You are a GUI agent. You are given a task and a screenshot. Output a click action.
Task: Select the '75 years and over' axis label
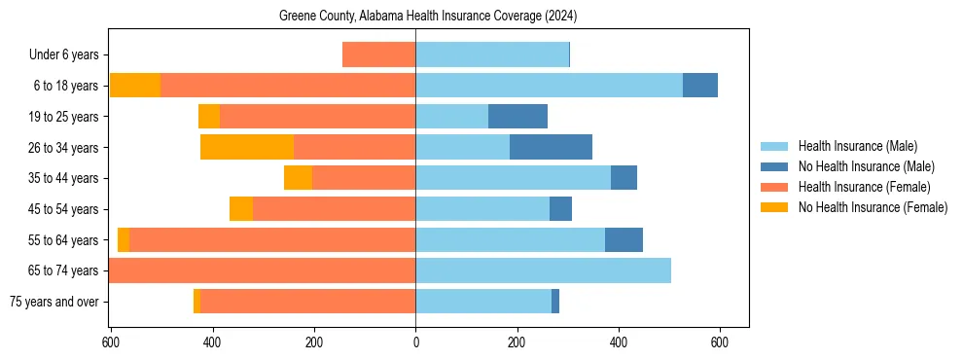pos(53,302)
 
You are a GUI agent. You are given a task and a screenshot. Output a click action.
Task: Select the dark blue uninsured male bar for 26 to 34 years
pos(551,147)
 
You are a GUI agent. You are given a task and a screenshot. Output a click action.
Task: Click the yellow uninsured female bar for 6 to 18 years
pos(135,86)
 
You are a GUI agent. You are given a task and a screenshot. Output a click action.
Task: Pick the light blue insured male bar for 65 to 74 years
pos(543,270)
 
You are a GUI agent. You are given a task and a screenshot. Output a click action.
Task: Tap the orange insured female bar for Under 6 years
pos(378,55)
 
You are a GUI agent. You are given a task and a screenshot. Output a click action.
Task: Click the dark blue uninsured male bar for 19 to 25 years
pos(517,117)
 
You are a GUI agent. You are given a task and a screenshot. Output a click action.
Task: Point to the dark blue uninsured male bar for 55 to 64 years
pos(624,239)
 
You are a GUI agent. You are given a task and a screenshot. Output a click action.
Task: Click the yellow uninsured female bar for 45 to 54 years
pos(241,209)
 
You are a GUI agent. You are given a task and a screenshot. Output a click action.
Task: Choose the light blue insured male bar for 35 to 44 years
pos(513,178)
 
